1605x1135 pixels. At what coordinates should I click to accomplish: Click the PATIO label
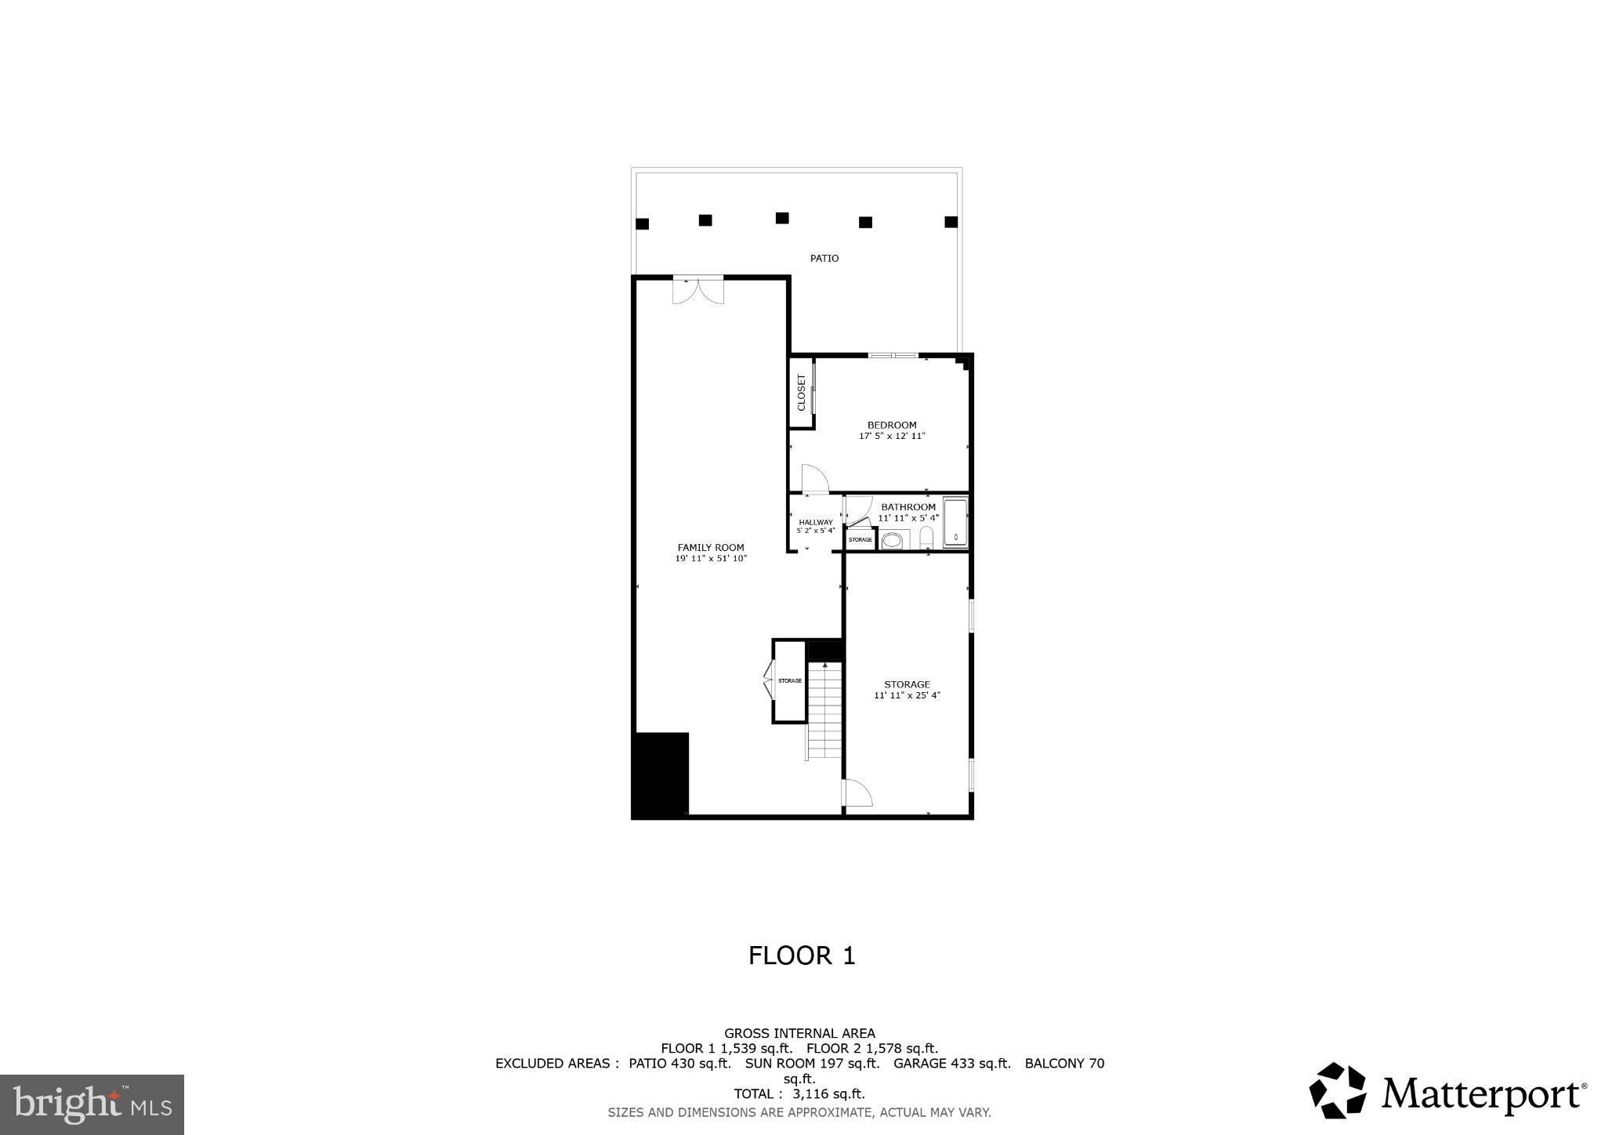(x=824, y=258)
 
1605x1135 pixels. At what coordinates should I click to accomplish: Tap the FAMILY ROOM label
(x=711, y=548)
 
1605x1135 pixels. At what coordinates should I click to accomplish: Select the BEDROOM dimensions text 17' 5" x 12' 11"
(x=892, y=436)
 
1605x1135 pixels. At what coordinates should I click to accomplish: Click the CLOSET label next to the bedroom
(x=801, y=392)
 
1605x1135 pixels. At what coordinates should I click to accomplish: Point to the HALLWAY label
(x=815, y=522)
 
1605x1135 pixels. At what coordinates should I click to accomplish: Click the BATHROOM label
(x=908, y=507)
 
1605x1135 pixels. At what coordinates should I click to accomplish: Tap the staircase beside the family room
(x=824, y=710)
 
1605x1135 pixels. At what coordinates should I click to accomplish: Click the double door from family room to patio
(x=697, y=290)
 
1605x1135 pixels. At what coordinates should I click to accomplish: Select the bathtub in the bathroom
(x=955, y=522)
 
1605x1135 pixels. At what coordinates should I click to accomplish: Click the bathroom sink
(x=892, y=540)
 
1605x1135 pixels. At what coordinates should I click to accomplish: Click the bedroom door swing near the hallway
(x=814, y=479)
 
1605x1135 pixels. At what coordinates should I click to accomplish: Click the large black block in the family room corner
(x=660, y=775)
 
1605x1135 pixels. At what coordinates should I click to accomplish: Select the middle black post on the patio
(x=781, y=218)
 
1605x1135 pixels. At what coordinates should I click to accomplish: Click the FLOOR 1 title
(x=801, y=956)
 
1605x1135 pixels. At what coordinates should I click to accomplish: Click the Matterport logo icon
(x=1338, y=1090)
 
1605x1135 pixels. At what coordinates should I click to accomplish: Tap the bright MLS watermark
(x=92, y=1105)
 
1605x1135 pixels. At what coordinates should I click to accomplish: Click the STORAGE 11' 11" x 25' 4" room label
(x=907, y=690)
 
